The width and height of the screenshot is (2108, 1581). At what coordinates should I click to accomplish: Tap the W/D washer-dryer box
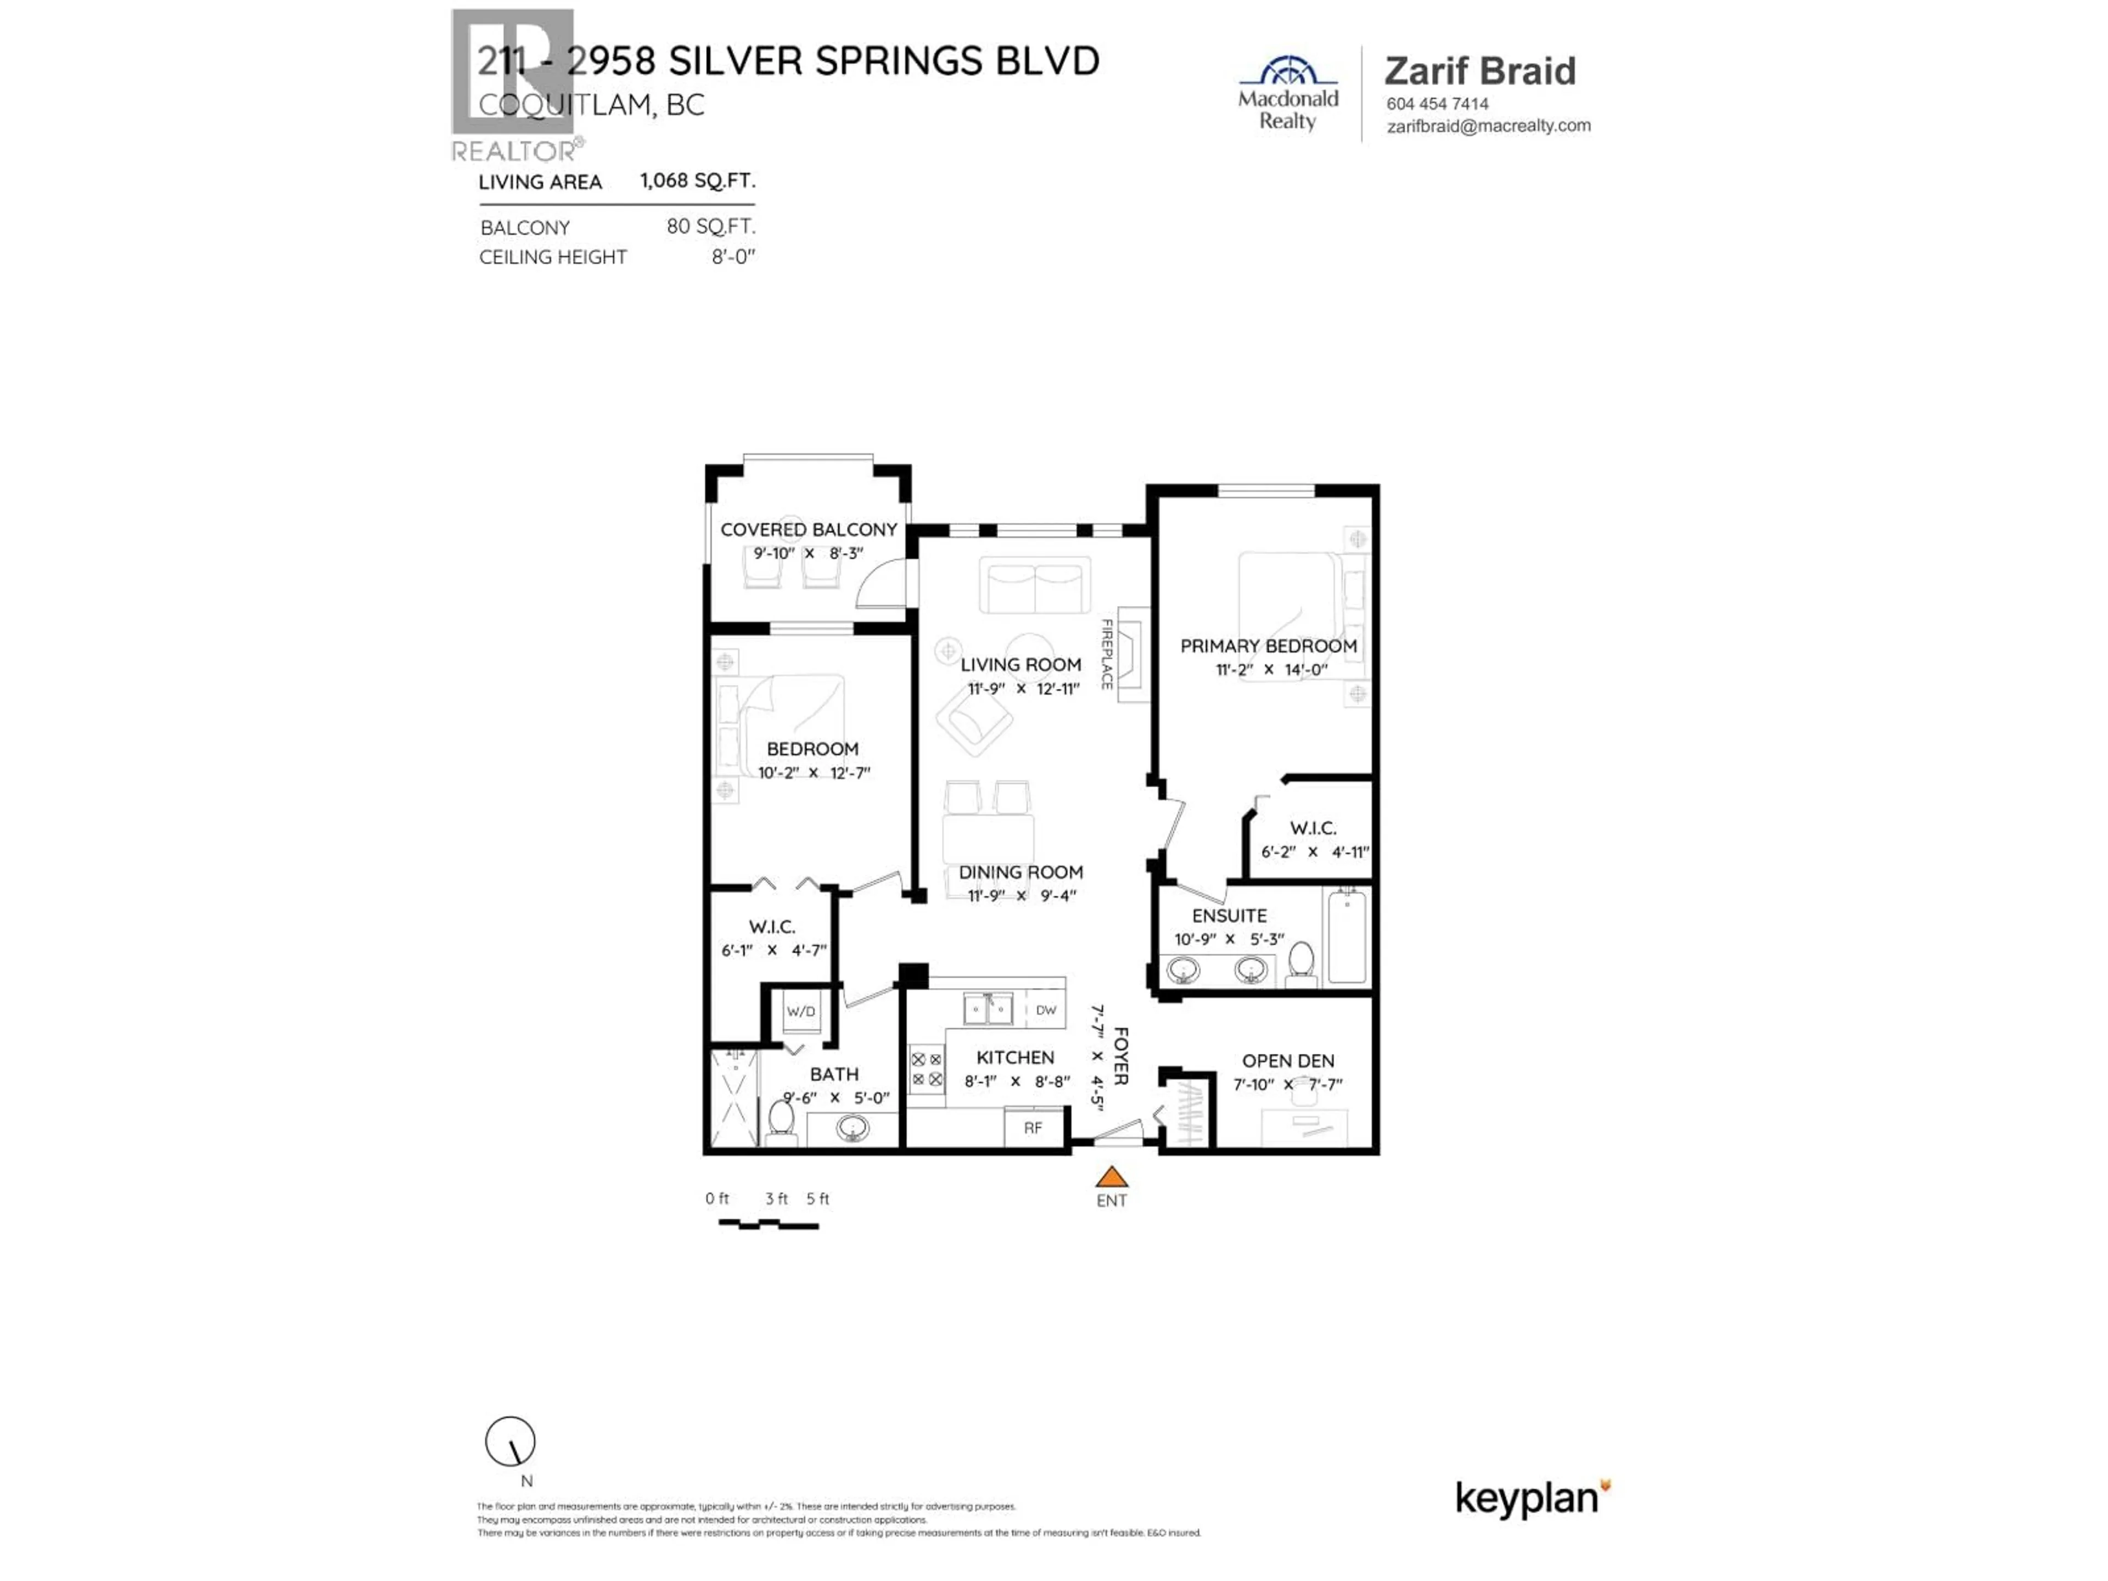(x=800, y=1011)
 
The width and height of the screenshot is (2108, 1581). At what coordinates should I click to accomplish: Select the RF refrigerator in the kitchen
(x=1033, y=1128)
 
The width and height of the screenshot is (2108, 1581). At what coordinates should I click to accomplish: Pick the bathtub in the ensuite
(x=1347, y=936)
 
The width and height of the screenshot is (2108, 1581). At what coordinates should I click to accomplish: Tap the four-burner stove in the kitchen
(x=926, y=1069)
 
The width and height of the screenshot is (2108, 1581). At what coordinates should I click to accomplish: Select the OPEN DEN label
(x=1287, y=1061)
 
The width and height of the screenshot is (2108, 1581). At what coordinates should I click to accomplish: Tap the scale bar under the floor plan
(x=768, y=1224)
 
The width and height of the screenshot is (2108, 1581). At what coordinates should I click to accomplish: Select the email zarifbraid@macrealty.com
(x=1488, y=126)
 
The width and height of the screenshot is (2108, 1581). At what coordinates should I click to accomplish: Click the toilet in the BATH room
(x=782, y=1118)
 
